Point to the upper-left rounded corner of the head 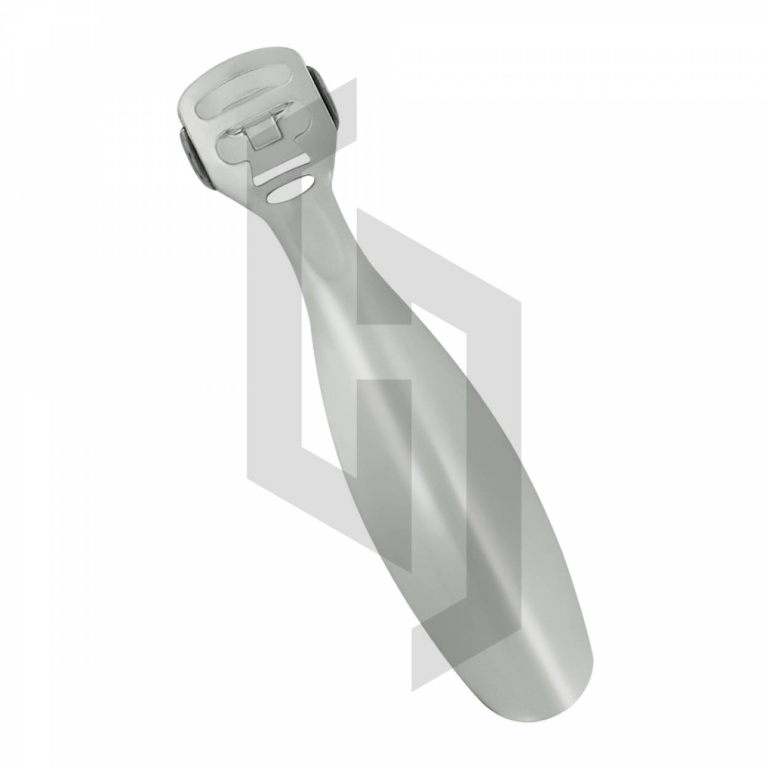[x=188, y=92]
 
